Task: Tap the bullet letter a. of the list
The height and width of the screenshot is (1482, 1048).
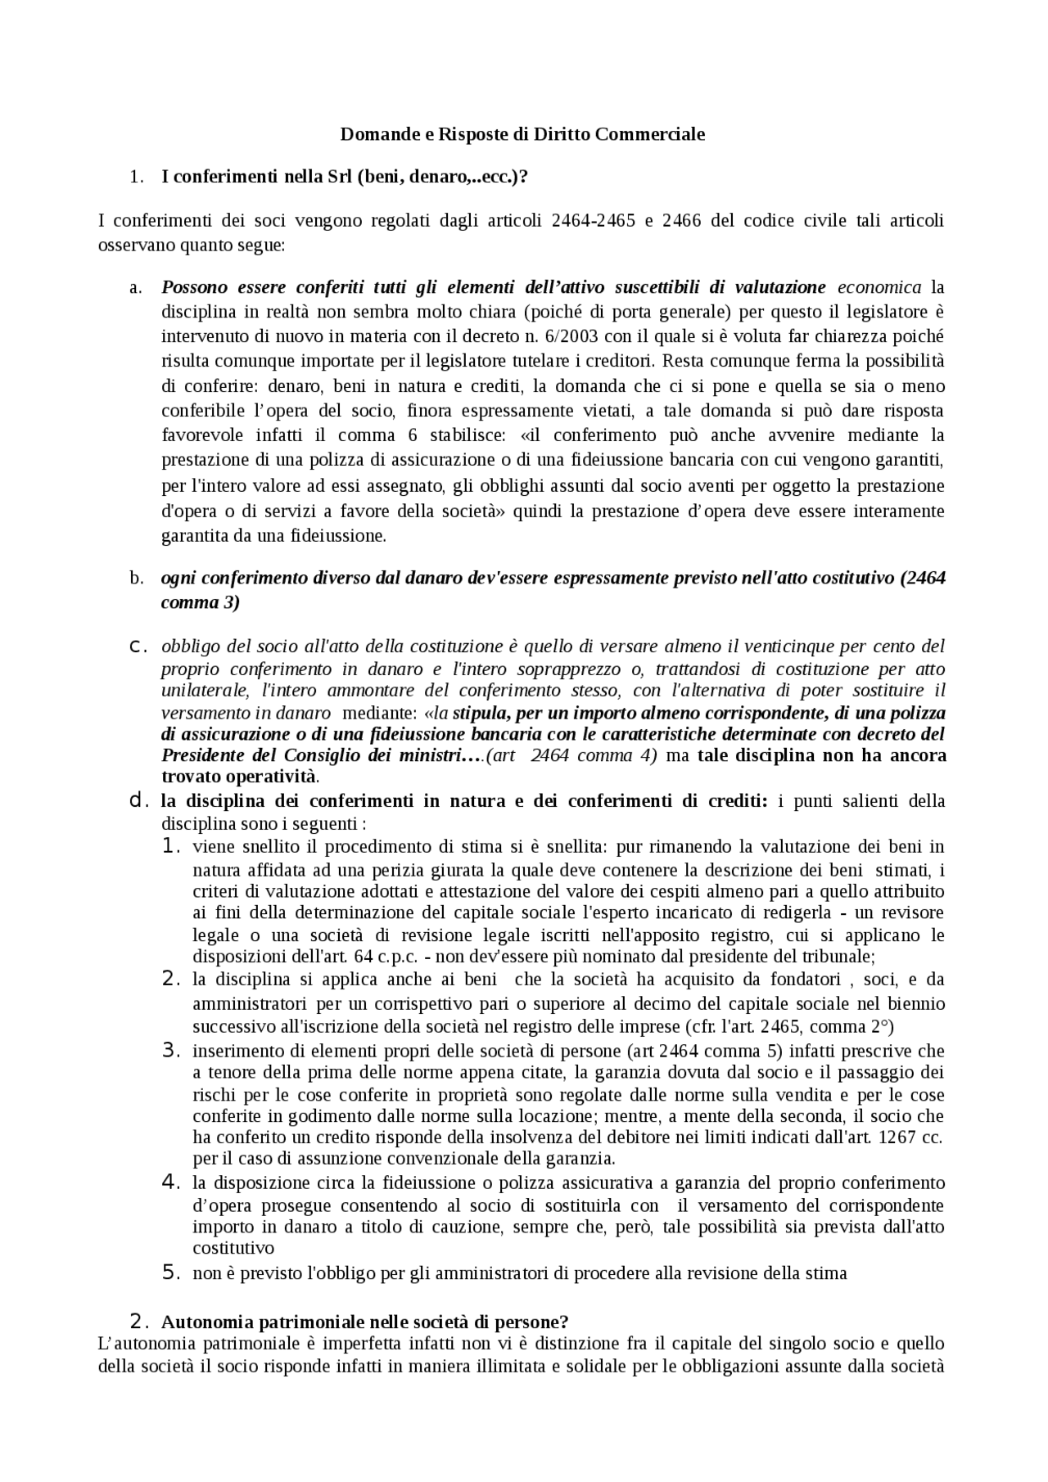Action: (136, 287)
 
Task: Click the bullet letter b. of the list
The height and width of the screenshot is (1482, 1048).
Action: (136, 579)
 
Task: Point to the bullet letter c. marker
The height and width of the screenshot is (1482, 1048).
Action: (138, 646)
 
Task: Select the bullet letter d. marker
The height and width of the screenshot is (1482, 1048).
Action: (138, 800)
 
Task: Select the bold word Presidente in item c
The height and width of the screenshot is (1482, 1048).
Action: (201, 755)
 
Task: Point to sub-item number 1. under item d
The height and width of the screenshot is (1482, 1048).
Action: (171, 846)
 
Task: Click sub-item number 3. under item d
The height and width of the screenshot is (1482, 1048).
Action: (171, 1050)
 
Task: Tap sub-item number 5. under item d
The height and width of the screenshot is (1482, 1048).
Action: (171, 1273)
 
